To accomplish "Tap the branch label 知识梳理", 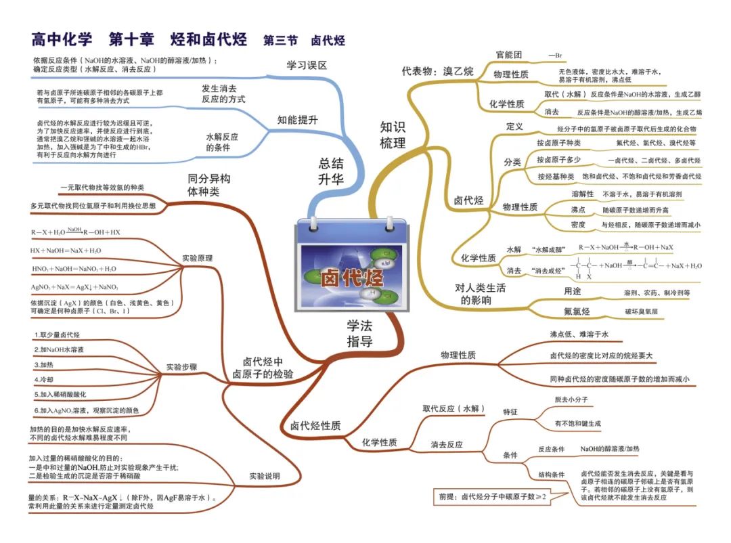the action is [393, 135].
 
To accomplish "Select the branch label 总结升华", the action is [331, 171].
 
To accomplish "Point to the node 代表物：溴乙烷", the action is [438, 70].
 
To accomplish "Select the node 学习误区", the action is [307, 66].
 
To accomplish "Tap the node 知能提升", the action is [297, 120].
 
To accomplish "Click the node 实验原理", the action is [197, 258].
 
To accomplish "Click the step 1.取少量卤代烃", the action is [58, 335].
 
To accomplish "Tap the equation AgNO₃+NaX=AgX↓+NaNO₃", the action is [74, 287].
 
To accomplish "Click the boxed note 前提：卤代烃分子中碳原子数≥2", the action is [492, 496].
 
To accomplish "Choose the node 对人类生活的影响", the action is [480, 294].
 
